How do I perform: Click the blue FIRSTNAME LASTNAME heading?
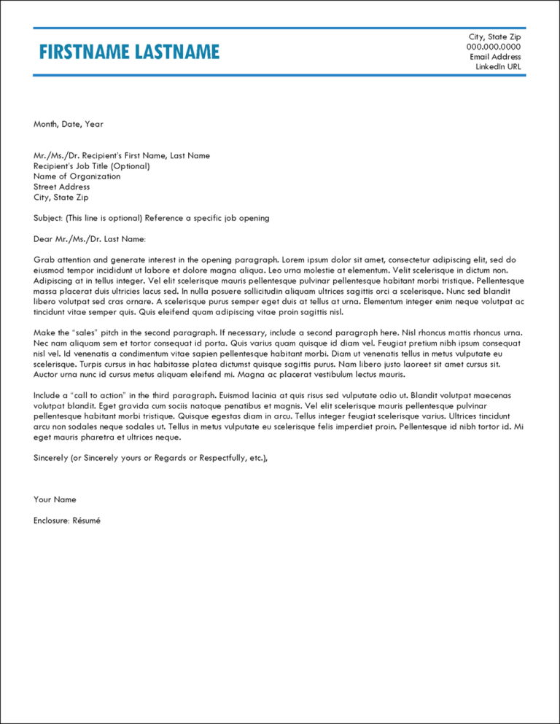click(x=128, y=52)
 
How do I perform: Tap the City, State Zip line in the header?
click(x=494, y=36)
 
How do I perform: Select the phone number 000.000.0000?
click(x=494, y=47)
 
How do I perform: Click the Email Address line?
click(x=495, y=57)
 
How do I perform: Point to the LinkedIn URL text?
click(x=498, y=67)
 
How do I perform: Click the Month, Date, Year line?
click(x=69, y=124)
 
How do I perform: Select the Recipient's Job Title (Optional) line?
click(x=92, y=166)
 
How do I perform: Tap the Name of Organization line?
click(x=77, y=176)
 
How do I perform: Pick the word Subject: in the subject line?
click(x=48, y=218)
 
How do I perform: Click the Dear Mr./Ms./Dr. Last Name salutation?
click(x=90, y=238)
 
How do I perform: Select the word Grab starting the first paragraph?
click(x=44, y=260)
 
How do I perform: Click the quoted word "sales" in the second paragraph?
click(x=86, y=332)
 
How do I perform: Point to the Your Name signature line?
click(x=55, y=499)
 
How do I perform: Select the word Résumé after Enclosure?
click(x=86, y=521)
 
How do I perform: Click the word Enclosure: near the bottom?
click(x=52, y=521)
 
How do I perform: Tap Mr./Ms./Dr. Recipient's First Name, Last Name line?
click(x=122, y=155)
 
